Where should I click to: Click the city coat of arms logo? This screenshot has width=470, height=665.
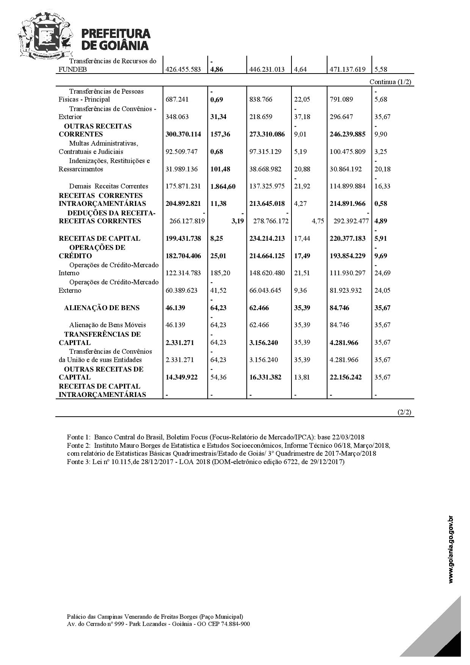[x=45, y=36]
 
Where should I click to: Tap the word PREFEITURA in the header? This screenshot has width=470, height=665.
[x=116, y=34]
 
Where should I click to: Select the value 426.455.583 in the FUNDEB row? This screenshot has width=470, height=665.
[x=183, y=69]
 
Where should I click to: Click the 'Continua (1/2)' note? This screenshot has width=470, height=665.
[x=390, y=82]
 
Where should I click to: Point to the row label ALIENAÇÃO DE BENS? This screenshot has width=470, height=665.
[x=102, y=308]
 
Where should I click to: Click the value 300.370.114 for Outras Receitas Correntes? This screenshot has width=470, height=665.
[x=183, y=134]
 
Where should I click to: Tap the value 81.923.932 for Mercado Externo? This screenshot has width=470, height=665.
[x=346, y=290]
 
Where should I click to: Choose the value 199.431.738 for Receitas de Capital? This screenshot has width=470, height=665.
[x=183, y=238]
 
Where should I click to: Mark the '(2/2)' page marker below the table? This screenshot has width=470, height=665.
[x=404, y=412]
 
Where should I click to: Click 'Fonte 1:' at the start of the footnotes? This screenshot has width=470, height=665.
[x=79, y=437]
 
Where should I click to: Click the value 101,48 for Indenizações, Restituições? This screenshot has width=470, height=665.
[x=220, y=169]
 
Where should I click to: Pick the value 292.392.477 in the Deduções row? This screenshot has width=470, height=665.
[x=351, y=221]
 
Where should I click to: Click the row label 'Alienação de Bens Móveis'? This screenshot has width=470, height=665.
[x=107, y=325]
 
